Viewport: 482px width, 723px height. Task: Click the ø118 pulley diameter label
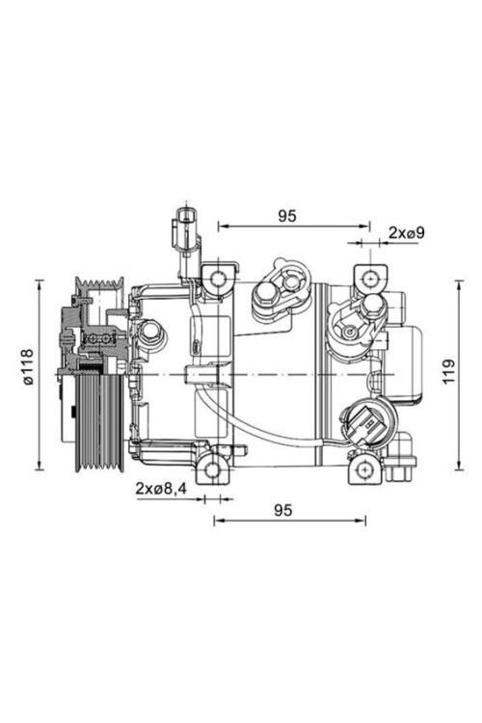click(28, 367)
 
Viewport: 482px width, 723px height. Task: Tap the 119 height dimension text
click(448, 370)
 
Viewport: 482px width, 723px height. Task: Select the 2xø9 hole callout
click(406, 233)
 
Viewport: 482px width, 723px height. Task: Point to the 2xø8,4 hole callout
click(161, 489)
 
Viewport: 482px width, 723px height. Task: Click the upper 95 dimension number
click(287, 216)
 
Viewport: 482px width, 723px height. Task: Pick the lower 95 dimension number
click(283, 510)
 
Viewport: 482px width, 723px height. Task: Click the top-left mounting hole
click(218, 278)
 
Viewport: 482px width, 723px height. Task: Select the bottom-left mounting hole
click(213, 469)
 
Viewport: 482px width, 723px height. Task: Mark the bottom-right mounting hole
click(365, 469)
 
